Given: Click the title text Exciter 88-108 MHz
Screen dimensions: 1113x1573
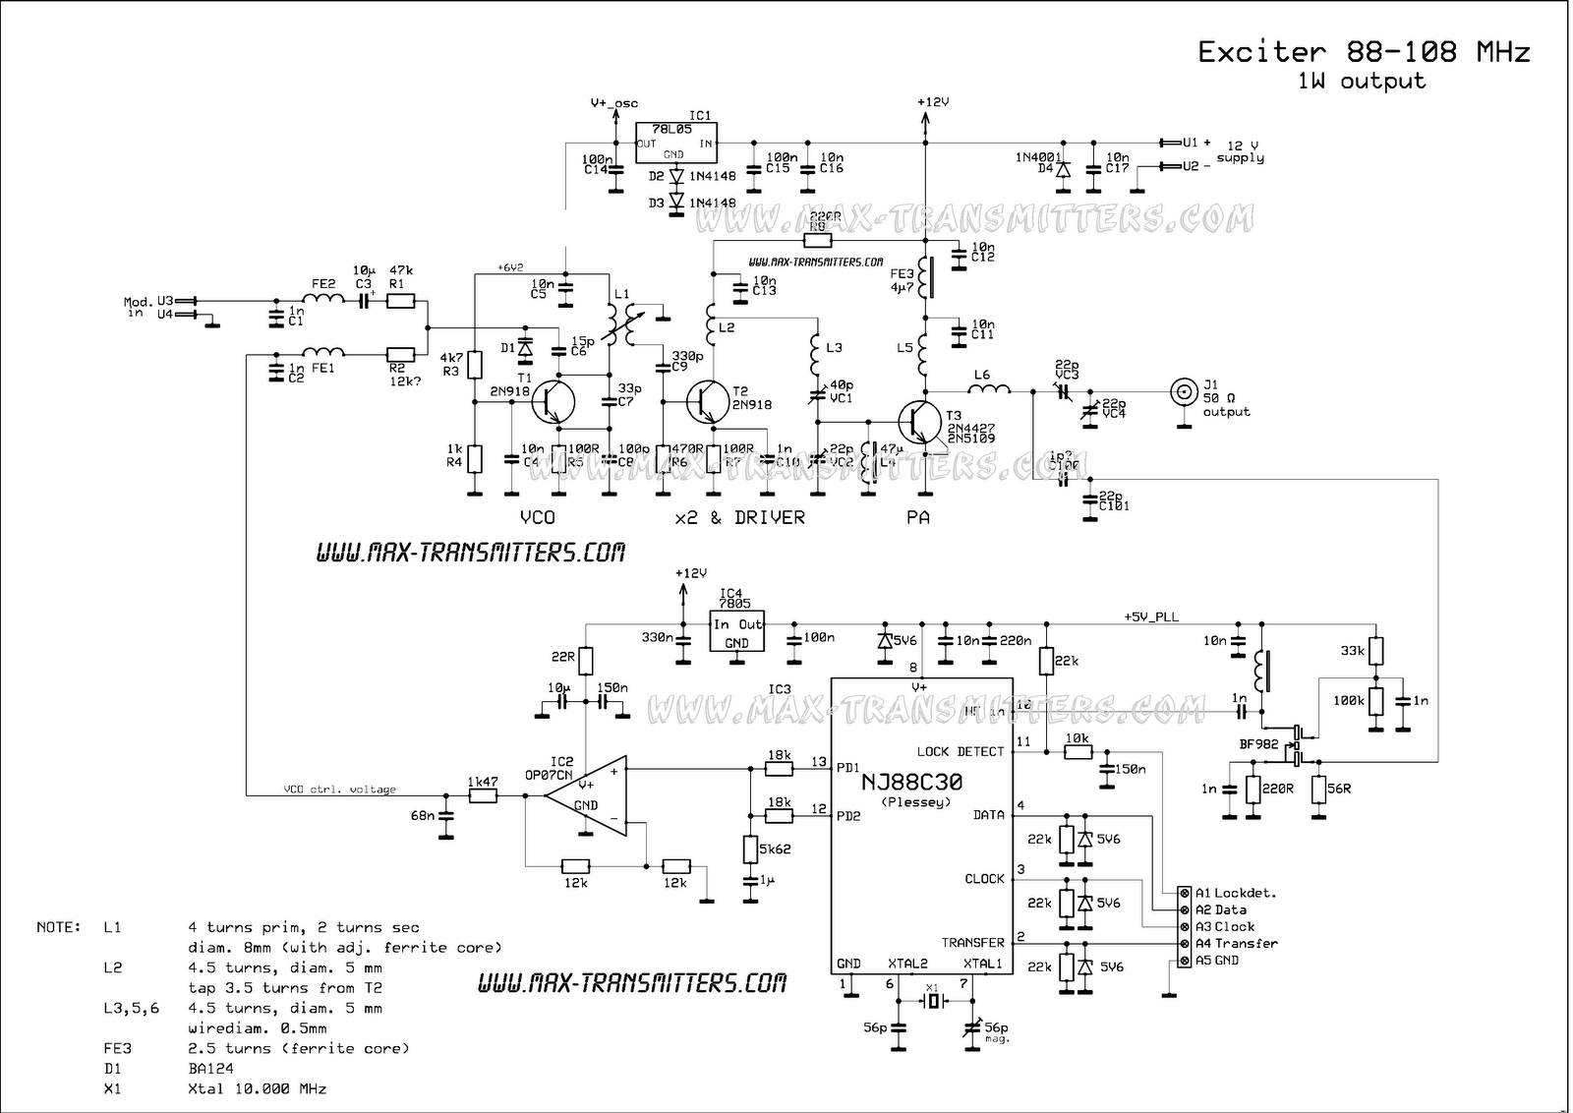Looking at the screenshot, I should [1364, 51].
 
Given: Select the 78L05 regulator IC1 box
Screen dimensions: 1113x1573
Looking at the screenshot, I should [675, 143].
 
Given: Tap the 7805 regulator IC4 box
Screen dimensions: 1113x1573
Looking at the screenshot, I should [736, 632].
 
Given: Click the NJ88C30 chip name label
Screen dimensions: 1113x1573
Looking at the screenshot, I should [912, 782].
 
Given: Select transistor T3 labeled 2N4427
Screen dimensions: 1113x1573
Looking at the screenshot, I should [920, 419].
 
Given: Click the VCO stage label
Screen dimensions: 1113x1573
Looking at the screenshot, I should [537, 517].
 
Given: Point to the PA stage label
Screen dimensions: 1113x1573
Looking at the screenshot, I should [917, 517].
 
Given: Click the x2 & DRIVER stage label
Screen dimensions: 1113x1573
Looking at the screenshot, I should [739, 517].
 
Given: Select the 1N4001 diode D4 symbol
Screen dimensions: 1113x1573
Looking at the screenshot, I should [1062, 169].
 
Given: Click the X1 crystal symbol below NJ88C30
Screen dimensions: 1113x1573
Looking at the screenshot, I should [933, 1002].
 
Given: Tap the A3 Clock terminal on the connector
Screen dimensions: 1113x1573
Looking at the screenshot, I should [1185, 926].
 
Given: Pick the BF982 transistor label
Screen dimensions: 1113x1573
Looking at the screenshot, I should [1258, 744].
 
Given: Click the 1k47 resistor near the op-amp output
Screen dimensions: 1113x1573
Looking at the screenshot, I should [483, 795].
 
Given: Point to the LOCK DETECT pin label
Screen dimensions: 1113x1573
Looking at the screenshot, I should [961, 751].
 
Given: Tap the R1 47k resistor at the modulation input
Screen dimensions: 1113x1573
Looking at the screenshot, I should [400, 302].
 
